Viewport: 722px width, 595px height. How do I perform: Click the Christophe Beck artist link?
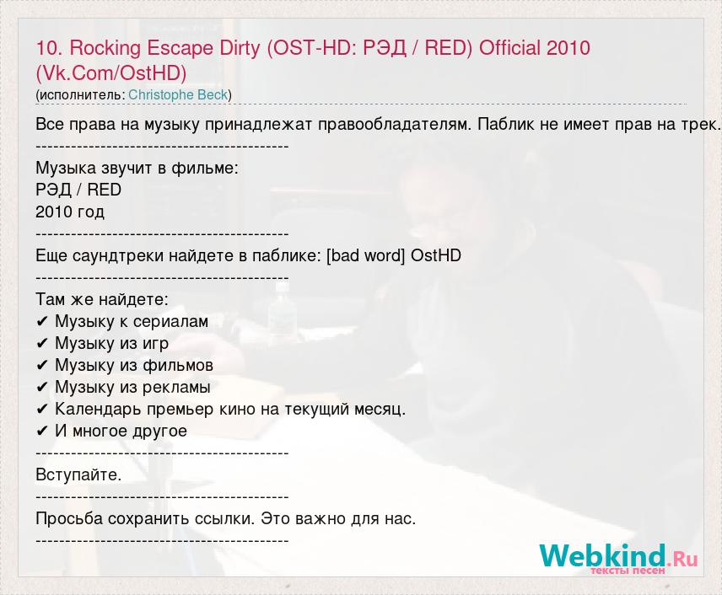point(178,94)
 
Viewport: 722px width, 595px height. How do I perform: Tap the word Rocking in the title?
point(105,49)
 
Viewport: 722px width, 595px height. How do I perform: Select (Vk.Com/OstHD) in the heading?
point(111,73)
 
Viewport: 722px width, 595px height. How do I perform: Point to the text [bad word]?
point(365,255)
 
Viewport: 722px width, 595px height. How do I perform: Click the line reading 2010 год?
point(70,212)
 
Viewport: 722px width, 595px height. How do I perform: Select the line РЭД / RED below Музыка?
point(78,190)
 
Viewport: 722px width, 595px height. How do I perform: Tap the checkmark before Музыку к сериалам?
point(42,322)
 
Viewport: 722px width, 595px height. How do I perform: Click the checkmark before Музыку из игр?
point(42,344)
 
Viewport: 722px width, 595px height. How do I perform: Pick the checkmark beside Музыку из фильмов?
point(42,366)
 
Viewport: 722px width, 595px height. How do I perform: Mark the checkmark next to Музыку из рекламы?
point(42,388)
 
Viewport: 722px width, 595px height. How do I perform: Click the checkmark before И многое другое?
point(42,432)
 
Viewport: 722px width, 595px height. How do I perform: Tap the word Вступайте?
point(78,474)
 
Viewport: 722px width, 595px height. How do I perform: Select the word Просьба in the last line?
point(69,518)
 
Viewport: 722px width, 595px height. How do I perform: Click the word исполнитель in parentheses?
point(82,95)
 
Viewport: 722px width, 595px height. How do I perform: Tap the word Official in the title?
point(509,48)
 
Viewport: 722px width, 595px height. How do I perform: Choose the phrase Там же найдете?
point(102,299)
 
